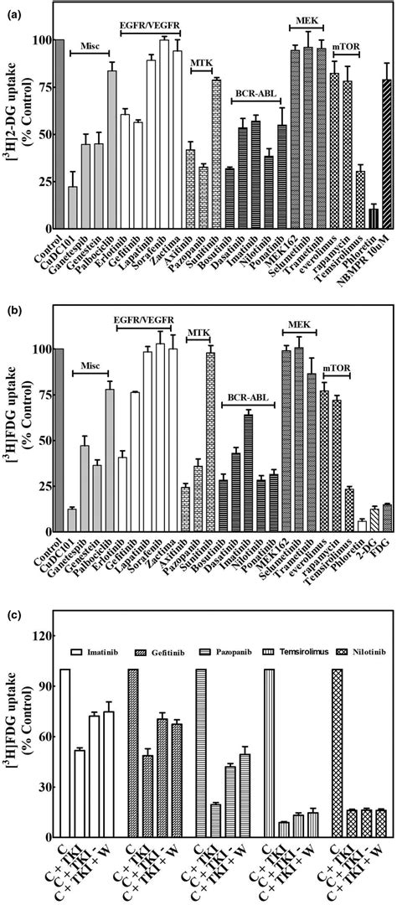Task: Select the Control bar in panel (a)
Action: point(59,134)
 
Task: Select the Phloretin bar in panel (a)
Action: point(349,219)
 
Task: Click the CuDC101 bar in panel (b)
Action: point(73,520)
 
